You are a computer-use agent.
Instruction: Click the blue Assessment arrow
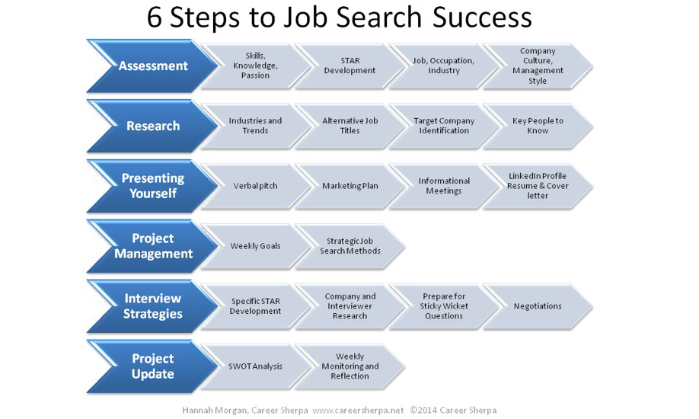point(153,66)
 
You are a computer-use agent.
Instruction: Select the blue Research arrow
point(153,126)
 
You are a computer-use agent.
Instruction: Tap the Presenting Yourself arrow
point(153,186)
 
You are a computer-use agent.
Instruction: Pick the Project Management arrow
point(153,246)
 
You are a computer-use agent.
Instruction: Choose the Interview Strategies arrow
point(153,306)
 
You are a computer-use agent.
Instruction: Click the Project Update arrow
point(153,366)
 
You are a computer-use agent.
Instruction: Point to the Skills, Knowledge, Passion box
point(256,66)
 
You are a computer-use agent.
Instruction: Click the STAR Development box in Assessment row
point(350,66)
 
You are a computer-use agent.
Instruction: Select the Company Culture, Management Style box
point(538,66)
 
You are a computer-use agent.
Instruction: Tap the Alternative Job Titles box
point(350,126)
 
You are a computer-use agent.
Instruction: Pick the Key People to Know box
point(538,126)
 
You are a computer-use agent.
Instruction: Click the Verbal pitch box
point(256,186)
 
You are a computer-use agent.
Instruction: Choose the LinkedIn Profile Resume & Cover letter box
point(538,186)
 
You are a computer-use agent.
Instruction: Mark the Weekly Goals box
point(256,246)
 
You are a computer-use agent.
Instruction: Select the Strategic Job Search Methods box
point(350,246)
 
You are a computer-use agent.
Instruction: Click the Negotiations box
point(538,306)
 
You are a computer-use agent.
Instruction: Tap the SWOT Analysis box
point(256,366)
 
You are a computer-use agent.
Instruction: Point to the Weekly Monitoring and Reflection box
point(350,366)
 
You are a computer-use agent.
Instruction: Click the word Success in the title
point(482,18)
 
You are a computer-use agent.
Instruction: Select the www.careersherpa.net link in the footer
point(358,410)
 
